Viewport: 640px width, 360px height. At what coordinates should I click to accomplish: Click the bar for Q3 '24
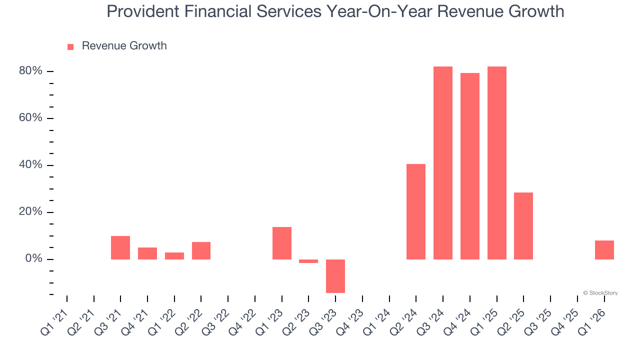[442, 163]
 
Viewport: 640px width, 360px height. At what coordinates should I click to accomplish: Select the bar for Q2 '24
[415, 211]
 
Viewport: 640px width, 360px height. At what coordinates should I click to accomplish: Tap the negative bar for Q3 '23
[335, 276]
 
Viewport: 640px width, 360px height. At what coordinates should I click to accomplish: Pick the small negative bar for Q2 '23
[308, 261]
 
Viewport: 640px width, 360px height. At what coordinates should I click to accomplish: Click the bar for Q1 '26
[604, 250]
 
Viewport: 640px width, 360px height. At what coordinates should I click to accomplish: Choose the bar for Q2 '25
[523, 226]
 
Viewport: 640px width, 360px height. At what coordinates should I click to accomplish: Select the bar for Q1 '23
[281, 243]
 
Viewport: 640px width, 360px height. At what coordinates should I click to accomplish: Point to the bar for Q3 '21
[120, 247]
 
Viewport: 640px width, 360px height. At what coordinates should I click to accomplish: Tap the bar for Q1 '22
[174, 256]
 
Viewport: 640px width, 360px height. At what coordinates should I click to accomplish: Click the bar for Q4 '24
[469, 166]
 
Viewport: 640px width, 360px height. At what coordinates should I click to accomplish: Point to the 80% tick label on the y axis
[30, 71]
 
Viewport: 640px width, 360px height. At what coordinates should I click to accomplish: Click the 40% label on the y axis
[30, 165]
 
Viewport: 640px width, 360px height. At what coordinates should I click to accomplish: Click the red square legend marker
[70, 47]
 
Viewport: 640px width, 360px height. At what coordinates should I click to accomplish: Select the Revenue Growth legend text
[124, 46]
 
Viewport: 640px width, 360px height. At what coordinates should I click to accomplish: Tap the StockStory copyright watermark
[600, 293]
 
